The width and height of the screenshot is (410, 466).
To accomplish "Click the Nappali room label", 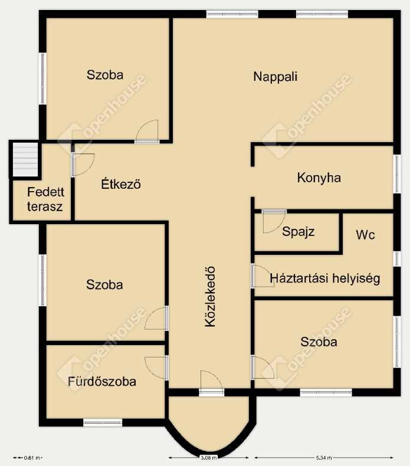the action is pyautogui.click(x=275, y=77).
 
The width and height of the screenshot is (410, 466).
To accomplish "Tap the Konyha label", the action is pyautogui.click(x=319, y=178).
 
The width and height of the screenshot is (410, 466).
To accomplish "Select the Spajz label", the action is pyautogui.click(x=299, y=231).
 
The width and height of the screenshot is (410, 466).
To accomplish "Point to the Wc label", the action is pyautogui.click(x=365, y=235).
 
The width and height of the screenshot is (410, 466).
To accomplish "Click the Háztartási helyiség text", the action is pyautogui.click(x=324, y=278).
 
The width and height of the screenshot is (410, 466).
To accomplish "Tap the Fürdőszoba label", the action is pyautogui.click(x=102, y=381).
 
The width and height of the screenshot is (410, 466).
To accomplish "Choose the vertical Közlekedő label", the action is pyautogui.click(x=210, y=297).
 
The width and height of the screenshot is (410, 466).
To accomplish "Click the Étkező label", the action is pyautogui.click(x=121, y=184).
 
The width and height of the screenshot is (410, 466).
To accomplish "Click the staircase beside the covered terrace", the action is pyautogui.click(x=25, y=160).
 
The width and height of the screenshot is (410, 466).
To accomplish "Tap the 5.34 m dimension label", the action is pyautogui.click(x=324, y=458).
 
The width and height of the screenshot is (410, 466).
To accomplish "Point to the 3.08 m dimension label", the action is pyautogui.click(x=209, y=458).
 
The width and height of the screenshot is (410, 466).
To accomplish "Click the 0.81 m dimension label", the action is pyautogui.click(x=32, y=458).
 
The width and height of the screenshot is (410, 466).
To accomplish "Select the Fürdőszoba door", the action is pyautogui.click(x=157, y=367).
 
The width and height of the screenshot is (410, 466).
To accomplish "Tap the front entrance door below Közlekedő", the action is pyautogui.click(x=211, y=382).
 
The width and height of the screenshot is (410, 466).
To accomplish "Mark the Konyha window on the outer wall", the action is pyautogui.click(x=397, y=174).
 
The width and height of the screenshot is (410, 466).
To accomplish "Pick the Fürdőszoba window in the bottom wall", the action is pyautogui.click(x=103, y=422).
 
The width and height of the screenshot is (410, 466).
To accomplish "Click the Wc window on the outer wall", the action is pyautogui.click(x=397, y=258).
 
